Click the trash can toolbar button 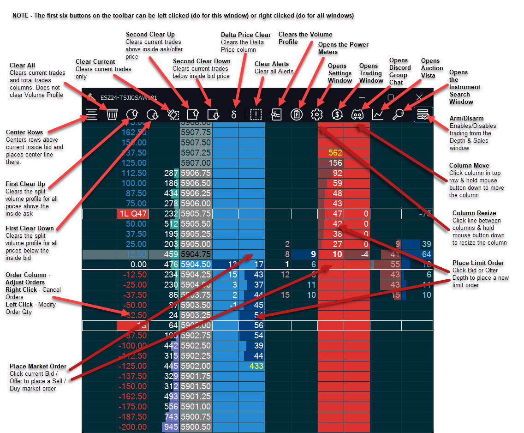point(112,114)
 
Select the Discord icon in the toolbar point(358,114)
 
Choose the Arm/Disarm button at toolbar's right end point(423,114)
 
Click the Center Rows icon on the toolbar point(92,114)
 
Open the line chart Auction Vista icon point(378,114)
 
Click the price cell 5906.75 point(196,173)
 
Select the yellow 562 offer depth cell point(335,153)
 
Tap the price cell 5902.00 point(196,365)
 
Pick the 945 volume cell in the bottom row point(171,427)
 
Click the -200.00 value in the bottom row point(133,427)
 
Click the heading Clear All point(22,66)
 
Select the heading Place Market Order point(38,367)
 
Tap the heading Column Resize point(474,213)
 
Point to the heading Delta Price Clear point(246,35)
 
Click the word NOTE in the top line point(20,15)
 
